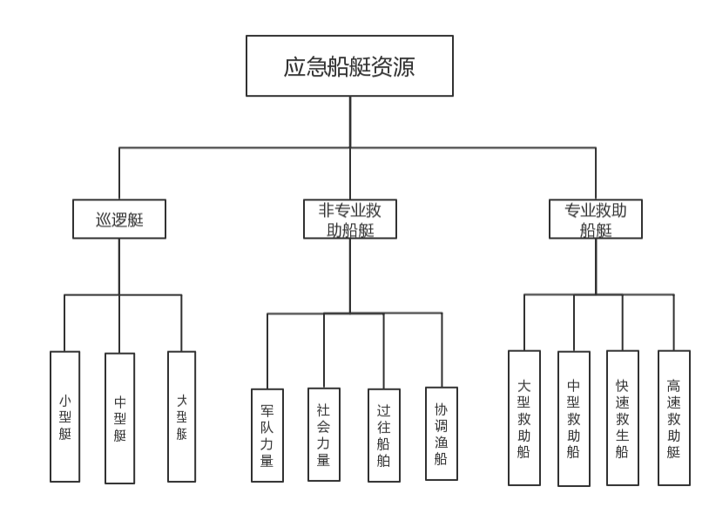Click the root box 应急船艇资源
[349, 66]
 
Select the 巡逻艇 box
[118, 220]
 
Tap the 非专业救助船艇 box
[350, 220]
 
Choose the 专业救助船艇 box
[596, 220]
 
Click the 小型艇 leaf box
[65, 416]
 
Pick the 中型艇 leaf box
[120, 418]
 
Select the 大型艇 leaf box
[181, 416]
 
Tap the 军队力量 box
[267, 435]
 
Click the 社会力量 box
[323, 434]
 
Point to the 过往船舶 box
[383, 435]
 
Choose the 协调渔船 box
[441, 433]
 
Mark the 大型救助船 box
[523, 418]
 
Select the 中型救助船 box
[574, 418]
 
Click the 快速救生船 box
[622, 418]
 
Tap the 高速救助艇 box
[673, 418]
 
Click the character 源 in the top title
[403, 67]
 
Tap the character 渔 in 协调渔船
[441, 442]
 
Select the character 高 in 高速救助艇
[673, 385]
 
